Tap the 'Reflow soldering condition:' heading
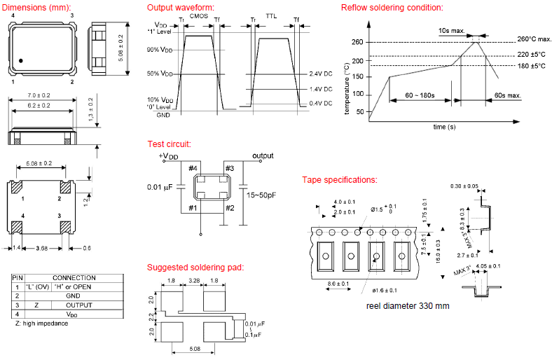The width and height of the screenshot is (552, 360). pyautogui.click(x=392, y=8)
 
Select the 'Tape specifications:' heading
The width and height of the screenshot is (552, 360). pyautogui.click(x=339, y=180)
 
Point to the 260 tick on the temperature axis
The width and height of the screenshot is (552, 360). pyautogui.click(x=357, y=43)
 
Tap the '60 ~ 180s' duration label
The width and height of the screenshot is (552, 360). pyautogui.click(x=420, y=95)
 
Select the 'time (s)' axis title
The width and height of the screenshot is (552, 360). pyautogui.click(x=444, y=127)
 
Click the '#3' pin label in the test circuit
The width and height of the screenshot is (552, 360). pyautogui.click(x=229, y=168)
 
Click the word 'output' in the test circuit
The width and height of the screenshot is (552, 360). pyautogui.click(x=263, y=155)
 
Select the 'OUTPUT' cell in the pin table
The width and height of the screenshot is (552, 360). pyautogui.click(x=78, y=305)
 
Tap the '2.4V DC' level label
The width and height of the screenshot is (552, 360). pyautogui.click(x=321, y=74)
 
